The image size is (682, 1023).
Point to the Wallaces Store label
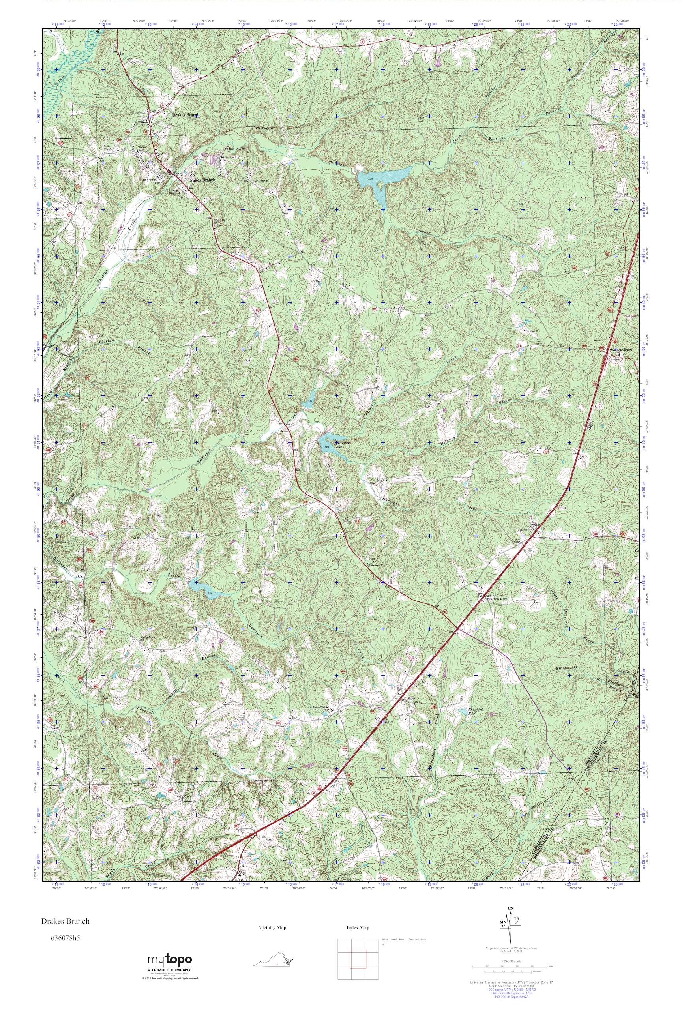click(621, 350)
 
